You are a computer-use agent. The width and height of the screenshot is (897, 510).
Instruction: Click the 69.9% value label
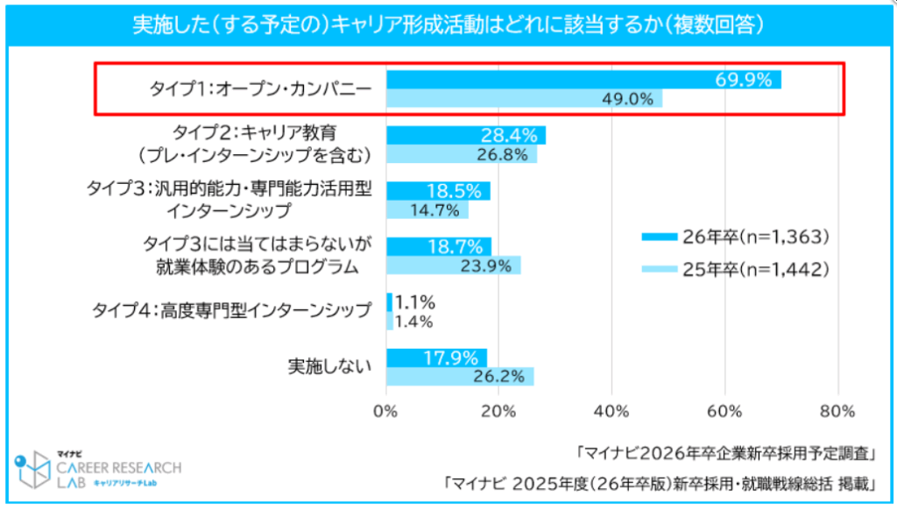point(745,81)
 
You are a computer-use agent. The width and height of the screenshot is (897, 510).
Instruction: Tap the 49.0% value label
point(627,99)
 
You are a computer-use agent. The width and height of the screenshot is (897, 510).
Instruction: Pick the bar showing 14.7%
point(427,209)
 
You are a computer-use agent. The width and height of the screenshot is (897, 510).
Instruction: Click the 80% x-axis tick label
point(838,411)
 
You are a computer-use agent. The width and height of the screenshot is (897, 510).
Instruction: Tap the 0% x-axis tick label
point(385,411)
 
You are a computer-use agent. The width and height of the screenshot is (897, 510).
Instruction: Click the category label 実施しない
point(329,366)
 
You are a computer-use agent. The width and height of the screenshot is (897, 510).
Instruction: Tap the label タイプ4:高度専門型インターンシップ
point(231,311)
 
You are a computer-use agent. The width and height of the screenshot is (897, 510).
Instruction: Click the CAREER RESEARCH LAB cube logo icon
point(32,471)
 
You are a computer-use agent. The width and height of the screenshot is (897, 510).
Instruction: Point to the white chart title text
point(448,25)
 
